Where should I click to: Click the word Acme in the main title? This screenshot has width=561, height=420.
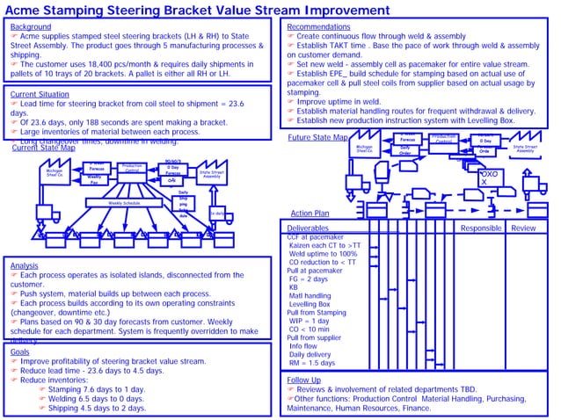coord(33,10)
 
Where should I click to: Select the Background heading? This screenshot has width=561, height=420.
coord(31,27)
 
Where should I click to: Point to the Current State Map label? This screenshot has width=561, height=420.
coord(44,148)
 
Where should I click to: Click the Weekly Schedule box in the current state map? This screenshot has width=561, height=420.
coord(124,202)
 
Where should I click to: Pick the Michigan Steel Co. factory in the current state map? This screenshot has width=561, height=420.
coord(55,174)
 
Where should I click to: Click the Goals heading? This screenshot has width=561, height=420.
coord(20,351)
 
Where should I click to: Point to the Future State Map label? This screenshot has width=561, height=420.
coord(317,138)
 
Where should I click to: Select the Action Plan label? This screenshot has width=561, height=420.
coord(310,214)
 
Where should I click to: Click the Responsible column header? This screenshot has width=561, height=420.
coord(481,228)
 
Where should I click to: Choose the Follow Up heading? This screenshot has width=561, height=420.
coord(305,380)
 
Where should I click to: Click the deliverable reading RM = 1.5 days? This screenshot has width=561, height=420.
coord(312,363)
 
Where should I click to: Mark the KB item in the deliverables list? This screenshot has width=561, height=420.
coord(295,287)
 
